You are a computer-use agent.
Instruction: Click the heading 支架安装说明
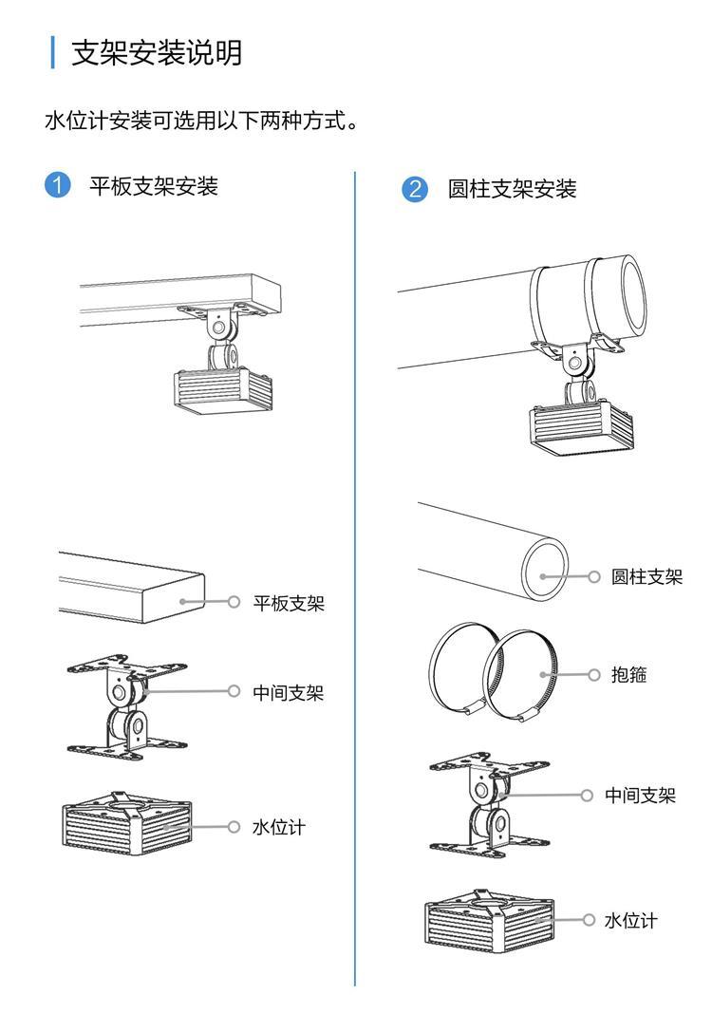tap(158, 51)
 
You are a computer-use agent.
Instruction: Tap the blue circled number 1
tap(59, 184)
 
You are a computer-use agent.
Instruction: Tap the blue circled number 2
tap(415, 188)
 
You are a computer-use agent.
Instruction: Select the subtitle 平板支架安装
tap(154, 186)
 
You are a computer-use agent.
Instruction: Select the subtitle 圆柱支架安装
tap(513, 189)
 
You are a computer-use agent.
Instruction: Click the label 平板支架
tap(289, 603)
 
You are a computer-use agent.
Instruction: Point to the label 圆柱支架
tap(646, 576)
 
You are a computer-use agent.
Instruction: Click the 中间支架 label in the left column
tap(289, 693)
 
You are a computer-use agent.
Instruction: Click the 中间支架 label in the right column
tap(641, 796)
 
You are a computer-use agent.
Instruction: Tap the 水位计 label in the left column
tap(279, 827)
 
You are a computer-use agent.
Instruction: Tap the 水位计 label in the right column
tap(631, 920)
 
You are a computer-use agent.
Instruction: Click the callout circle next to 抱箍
tap(594, 675)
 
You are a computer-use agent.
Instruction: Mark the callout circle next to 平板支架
tap(234, 602)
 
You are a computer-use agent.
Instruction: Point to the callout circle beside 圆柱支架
tap(594, 576)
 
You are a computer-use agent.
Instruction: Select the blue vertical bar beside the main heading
tap(53, 51)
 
